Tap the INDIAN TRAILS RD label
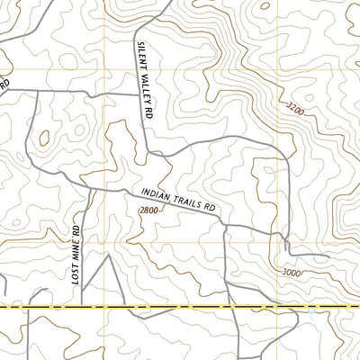coord(180,199)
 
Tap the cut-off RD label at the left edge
coord(4,84)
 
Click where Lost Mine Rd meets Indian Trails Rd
coord(88,191)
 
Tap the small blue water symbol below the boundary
coord(310,316)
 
